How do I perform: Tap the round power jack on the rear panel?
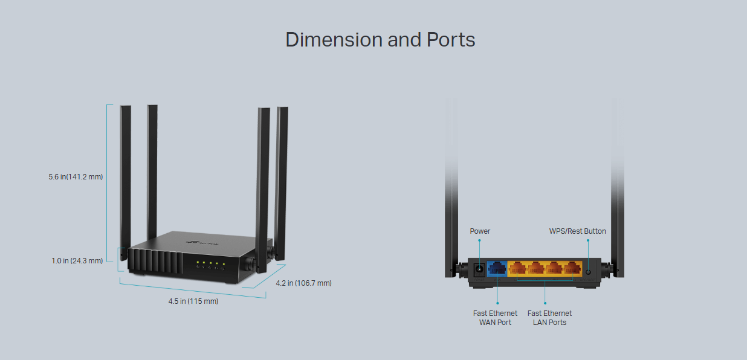479,269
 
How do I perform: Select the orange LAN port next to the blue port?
517,268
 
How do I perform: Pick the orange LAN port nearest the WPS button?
572,268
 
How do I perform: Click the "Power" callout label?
480,231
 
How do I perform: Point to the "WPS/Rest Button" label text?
577,231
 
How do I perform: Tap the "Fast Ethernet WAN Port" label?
495,318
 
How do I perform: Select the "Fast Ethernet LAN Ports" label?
549,318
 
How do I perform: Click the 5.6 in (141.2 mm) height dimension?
76,177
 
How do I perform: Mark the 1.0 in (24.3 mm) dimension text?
77,261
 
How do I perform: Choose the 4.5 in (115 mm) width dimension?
193,301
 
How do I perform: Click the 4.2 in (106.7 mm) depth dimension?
303,283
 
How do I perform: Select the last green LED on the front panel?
224,264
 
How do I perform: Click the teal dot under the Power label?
480,240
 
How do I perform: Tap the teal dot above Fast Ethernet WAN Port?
497,303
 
